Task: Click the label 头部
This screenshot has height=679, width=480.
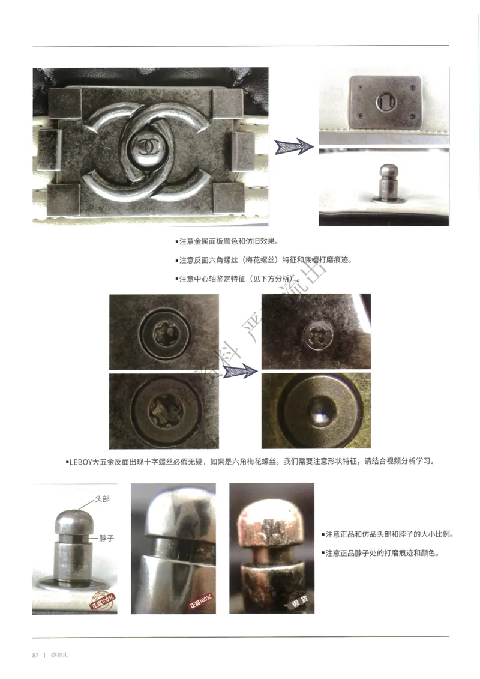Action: point(102,499)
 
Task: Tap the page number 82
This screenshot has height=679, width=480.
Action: point(35,655)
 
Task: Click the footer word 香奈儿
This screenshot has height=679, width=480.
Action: point(59,655)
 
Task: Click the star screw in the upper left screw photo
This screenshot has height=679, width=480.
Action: point(163,330)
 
